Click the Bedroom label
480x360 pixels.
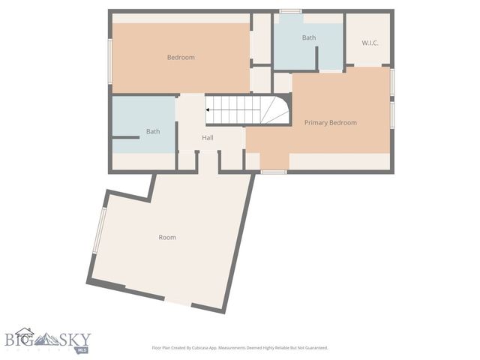tap(181, 58)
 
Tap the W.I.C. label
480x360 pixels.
tap(370, 43)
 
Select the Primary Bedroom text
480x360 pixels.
tap(330, 122)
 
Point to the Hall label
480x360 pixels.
tap(208, 138)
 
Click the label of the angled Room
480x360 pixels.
tap(167, 237)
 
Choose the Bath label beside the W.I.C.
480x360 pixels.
tap(309, 37)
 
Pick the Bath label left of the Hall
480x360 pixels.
tap(153, 131)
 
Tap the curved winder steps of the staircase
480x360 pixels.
tap(276, 110)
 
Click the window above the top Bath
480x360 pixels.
tap(290, 11)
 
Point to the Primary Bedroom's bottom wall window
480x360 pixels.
tap(274, 172)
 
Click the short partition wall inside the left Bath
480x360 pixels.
tap(126, 137)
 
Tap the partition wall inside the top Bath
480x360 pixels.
tap(316, 58)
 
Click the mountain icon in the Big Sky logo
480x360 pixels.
tap(51, 338)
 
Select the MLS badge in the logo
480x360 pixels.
tap(81, 349)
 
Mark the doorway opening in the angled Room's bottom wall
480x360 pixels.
tap(178, 301)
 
